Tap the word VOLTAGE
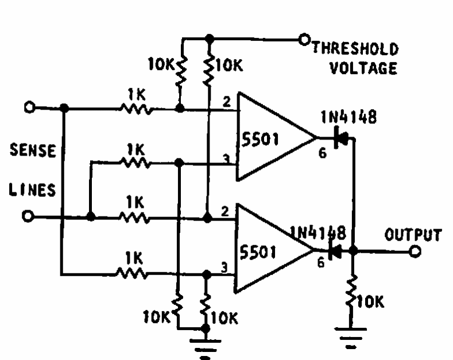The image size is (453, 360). [362, 69]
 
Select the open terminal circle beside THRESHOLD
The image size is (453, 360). [304, 40]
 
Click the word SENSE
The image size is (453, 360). [33, 152]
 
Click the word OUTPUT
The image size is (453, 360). [413, 235]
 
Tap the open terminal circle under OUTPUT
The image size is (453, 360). [415, 250]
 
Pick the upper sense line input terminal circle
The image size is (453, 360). [30, 107]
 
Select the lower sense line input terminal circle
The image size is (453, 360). [30, 217]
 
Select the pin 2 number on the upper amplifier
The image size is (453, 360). [227, 102]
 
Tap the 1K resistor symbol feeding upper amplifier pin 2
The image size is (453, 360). [137, 108]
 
